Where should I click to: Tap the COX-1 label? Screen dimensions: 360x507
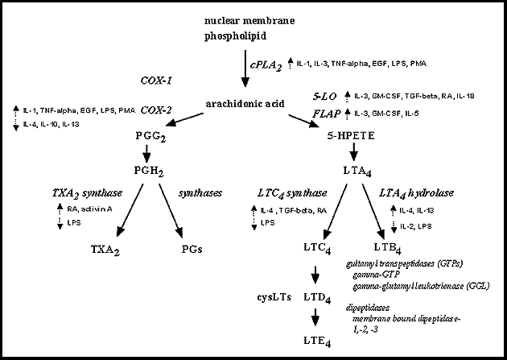(x=157, y=81)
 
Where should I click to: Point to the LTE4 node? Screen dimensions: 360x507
(x=319, y=341)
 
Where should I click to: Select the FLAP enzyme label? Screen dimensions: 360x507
(x=326, y=114)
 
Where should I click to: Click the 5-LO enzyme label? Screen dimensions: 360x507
(x=325, y=96)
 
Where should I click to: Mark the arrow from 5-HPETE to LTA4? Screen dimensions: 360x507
(x=354, y=152)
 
